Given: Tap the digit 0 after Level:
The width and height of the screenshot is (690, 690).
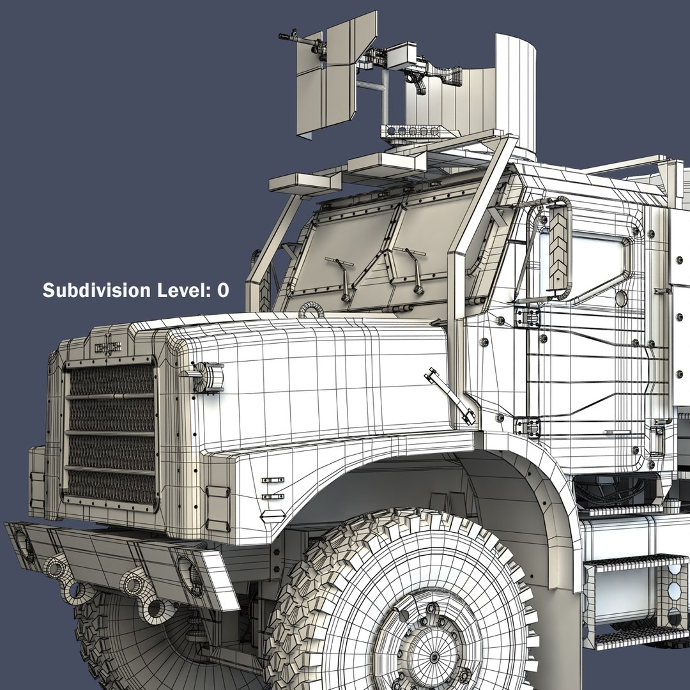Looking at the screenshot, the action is tap(223, 291).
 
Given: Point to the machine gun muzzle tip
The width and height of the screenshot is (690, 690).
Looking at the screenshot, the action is tap(280, 36).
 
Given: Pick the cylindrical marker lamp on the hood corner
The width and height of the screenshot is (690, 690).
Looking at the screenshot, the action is tap(207, 377).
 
